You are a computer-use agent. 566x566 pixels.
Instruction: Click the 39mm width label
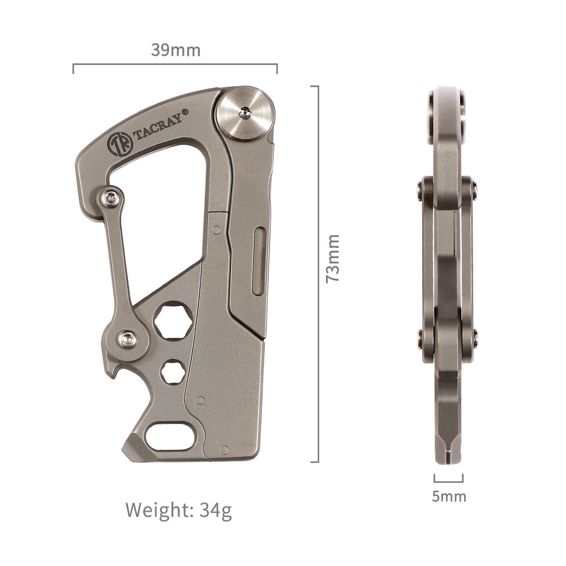click(175, 50)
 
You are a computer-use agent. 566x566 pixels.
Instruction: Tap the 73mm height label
click(333, 259)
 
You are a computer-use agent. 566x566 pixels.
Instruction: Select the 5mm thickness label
click(449, 496)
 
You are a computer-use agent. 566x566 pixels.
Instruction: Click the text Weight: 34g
click(179, 510)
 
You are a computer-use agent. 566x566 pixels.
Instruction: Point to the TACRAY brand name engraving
click(158, 127)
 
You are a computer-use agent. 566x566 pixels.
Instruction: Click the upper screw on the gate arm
click(110, 198)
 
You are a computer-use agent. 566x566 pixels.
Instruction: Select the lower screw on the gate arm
click(128, 339)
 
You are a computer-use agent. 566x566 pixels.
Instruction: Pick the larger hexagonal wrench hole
click(173, 320)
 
